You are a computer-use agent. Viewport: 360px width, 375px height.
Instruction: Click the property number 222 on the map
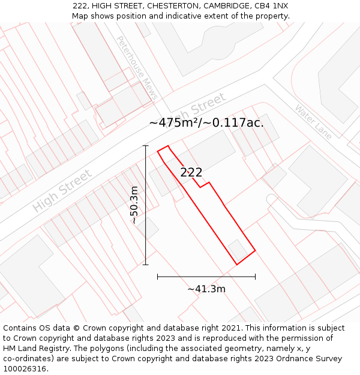(x=191, y=172)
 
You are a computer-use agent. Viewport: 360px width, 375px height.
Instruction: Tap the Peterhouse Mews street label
(x=137, y=68)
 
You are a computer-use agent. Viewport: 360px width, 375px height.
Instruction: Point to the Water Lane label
(x=313, y=122)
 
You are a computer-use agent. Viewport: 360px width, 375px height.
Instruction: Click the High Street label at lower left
(x=62, y=191)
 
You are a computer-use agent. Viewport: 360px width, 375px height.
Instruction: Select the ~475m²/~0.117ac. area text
(x=206, y=122)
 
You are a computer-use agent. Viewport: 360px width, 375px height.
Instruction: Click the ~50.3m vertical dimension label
(x=134, y=205)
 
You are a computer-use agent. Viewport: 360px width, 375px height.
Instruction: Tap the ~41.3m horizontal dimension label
(x=206, y=289)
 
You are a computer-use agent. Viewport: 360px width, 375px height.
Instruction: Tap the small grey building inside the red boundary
(x=238, y=250)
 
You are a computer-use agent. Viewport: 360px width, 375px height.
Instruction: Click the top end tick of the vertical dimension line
(x=146, y=145)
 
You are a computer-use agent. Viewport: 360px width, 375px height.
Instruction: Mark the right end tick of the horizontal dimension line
(x=255, y=277)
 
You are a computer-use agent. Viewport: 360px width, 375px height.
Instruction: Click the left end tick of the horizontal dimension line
(x=158, y=277)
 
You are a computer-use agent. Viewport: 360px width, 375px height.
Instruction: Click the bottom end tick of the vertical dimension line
(x=146, y=264)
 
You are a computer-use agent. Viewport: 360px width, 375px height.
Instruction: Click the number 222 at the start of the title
(x=81, y=5)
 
